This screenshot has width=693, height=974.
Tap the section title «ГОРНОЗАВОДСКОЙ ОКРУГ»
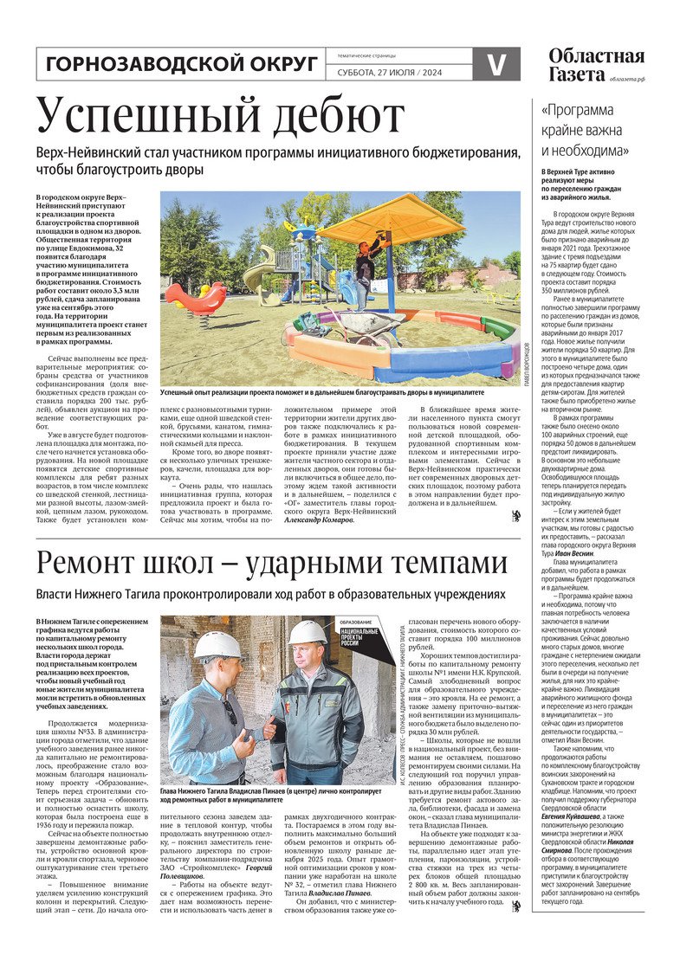[x=180, y=64]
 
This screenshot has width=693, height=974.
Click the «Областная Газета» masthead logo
[x=596, y=66]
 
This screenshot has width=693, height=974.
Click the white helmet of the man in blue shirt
[x=217, y=644]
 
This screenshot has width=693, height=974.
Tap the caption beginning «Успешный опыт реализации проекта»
[x=322, y=393]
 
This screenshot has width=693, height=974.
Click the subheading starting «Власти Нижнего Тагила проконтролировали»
[x=269, y=595]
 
